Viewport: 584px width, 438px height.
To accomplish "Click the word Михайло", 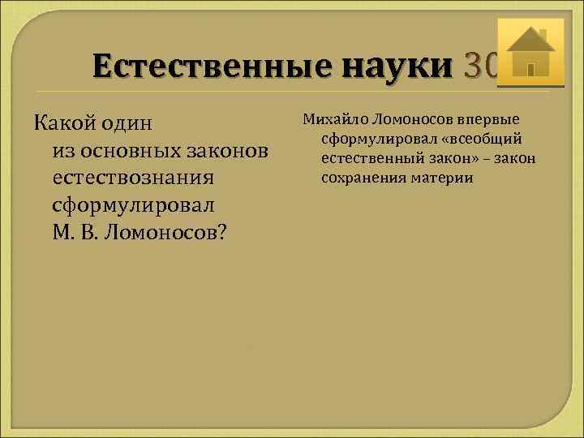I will pyautogui.click(x=335, y=119).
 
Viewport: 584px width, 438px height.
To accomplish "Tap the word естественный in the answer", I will pyautogui.click(x=367, y=158).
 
